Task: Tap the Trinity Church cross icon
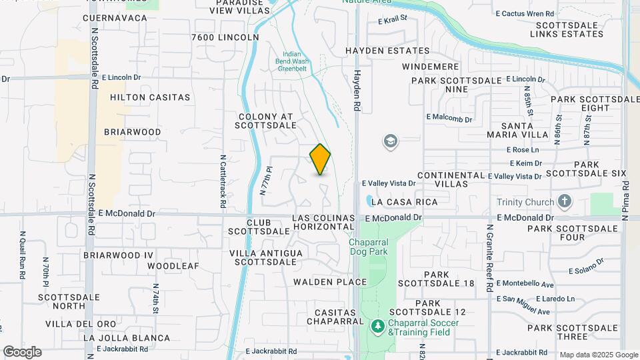(x=564, y=202)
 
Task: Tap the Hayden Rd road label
(x=357, y=91)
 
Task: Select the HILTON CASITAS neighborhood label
(x=150, y=97)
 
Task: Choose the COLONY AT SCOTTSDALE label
(x=267, y=121)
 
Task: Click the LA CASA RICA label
(x=405, y=202)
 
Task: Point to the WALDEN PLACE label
(x=330, y=282)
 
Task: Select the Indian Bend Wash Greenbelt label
(x=292, y=61)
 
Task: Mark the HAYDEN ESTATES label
(x=387, y=51)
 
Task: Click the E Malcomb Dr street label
(x=449, y=119)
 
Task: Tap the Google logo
(x=22, y=352)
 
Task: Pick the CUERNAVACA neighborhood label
(x=115, y=18)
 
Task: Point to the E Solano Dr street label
(x=585, y=266)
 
